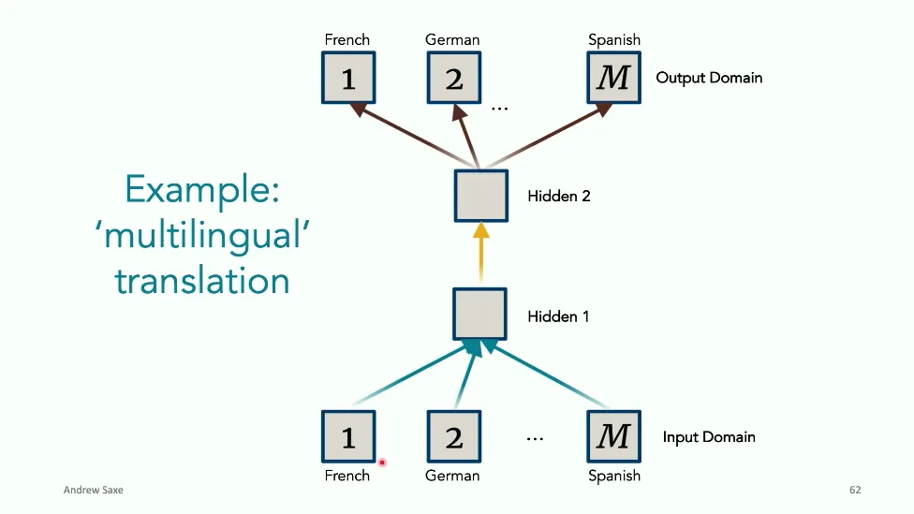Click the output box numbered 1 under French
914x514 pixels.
(348, 78)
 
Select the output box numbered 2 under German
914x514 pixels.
(453, 78)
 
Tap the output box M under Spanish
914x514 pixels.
(613, 78)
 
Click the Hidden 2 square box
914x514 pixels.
(480, 196)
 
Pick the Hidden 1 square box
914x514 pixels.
(480, 315)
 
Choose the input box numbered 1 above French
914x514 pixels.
(348, 436)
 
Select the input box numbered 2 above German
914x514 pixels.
(453, 436)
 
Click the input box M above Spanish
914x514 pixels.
(613, 436)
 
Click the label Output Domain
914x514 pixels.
(709, 78)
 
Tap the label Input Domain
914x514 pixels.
(708, 437)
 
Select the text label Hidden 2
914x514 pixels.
(559, 197)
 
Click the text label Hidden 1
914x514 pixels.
(558, 316)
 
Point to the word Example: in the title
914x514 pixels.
(202, 190)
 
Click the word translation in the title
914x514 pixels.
(202, 280)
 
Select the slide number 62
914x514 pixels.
(855, 491)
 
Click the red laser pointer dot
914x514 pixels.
(382, 463)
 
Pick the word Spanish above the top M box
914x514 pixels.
(614, 40)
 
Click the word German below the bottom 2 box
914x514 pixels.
(452, 476)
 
